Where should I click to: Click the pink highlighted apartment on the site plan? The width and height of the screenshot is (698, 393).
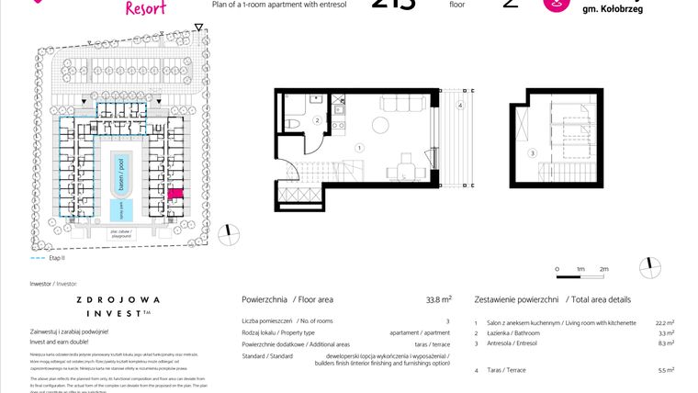click(176, 194)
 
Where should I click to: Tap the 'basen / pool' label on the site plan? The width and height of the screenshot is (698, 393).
click(118, 171)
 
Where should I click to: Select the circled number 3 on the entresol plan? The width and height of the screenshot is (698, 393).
click(532, 152)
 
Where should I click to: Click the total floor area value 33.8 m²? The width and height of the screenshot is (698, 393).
click(439, 299)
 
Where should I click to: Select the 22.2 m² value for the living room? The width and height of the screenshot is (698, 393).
click(665, 322)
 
